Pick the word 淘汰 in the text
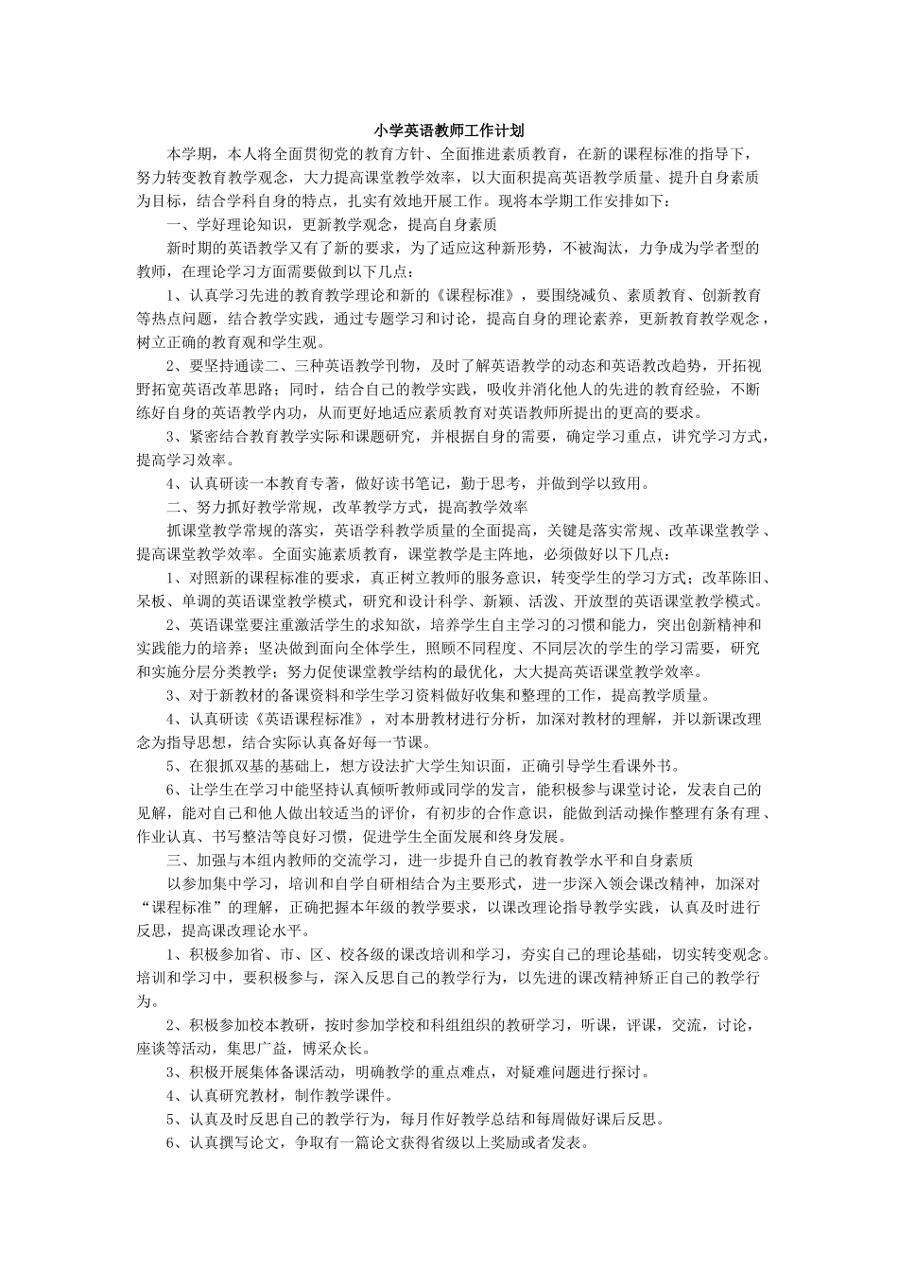(608, 248)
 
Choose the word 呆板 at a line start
(152, 601)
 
